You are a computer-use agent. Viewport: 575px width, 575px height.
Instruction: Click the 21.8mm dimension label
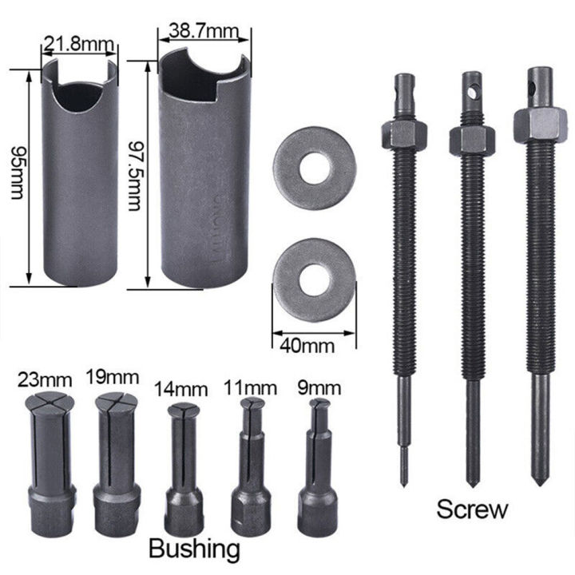(80, 41)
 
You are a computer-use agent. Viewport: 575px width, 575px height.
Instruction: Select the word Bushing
(194, 548)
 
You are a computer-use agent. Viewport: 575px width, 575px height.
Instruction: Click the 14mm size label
(180, 390)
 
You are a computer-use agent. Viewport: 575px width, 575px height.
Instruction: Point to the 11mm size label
(250, 388)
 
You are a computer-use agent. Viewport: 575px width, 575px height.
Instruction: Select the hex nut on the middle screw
(471, 141)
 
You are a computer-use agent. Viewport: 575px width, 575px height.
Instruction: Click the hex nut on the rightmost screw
(540, 124)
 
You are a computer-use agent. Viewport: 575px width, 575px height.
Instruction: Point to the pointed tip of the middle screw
(473, 482)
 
